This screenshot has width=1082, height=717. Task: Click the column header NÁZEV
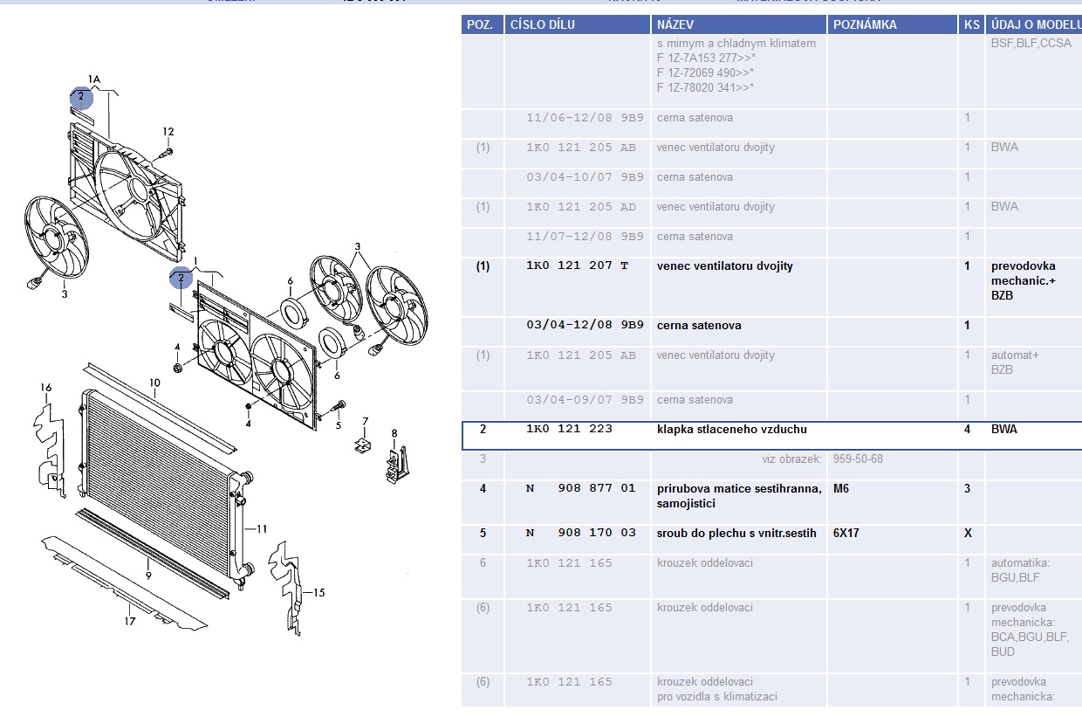(675, 24)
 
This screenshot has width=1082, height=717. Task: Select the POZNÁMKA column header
(865, 24)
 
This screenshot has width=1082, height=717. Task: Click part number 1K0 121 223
(569, 429)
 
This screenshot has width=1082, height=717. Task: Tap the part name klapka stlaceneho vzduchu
(731, 429)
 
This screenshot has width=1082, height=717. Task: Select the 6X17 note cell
(846, 533)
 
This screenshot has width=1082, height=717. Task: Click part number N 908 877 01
(580, 488)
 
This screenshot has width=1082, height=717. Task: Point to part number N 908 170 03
(580, 533)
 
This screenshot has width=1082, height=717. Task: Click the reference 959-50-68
(857, 458)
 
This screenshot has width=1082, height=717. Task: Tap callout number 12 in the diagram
(168, 132)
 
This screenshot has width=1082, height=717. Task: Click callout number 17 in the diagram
(130, 622)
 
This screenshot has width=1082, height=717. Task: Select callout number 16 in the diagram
(46, 388)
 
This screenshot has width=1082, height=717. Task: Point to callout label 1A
(93, 79)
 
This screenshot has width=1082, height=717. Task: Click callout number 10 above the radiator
(154, 383)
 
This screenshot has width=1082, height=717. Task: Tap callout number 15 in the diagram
(318, 592)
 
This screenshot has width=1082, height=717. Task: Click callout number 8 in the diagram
(394, 433)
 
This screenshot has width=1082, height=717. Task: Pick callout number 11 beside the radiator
(262, 528)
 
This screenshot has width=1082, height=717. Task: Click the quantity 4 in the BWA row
(967, 429)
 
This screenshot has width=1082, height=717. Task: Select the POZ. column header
(480, 24)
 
